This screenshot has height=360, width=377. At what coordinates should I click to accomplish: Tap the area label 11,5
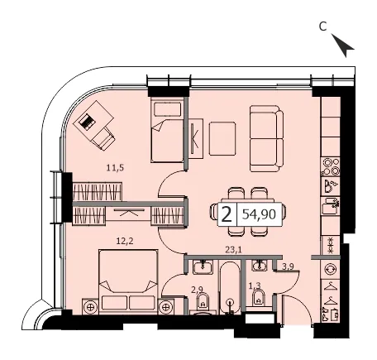click(115, 168)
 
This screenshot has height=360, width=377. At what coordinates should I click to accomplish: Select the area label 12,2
click(125, 242)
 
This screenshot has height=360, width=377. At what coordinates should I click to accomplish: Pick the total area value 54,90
click(259, 214)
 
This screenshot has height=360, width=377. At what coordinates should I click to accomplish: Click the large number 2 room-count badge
click(227, 214)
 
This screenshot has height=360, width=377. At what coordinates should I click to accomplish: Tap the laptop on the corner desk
click(87, 121)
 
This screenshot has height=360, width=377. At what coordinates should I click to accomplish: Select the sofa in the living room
click(266, 138)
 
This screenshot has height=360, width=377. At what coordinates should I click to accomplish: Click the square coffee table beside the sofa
click(222, 138)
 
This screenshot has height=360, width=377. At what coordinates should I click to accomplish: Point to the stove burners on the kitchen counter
click(331, 167)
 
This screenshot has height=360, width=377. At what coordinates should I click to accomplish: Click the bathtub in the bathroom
click(230, 287)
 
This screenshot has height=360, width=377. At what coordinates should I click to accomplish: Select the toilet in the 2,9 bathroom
click(203, 303)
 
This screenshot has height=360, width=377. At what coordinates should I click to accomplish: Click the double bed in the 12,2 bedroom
click(128, 281)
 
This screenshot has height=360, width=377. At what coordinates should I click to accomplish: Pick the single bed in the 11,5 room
click(167, 131)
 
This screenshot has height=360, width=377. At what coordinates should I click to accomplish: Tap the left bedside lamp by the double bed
click(90, 306)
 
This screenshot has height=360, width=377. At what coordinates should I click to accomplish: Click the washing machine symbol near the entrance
click(330, 269)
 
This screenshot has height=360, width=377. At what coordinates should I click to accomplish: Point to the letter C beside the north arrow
click(322, 26)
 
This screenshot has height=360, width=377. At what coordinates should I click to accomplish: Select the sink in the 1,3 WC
click(258, 266)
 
